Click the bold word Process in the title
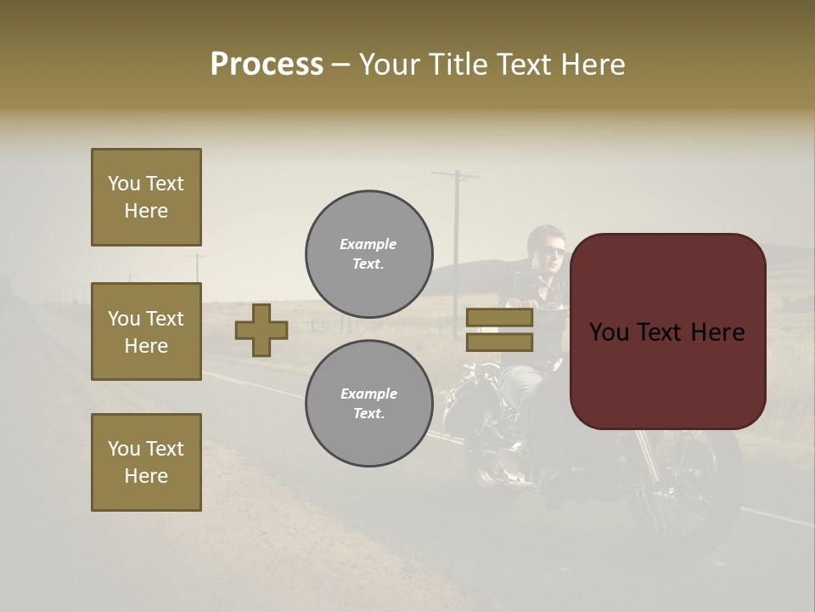click(x=267, y=65)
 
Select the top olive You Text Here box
click(x=146, y=197)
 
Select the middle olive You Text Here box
click(x=146, y=331)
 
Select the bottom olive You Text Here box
click(x=146, y=462)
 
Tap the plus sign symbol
click(x=261, y=330)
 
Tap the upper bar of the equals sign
click(x=500, y=317)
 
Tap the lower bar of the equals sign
click(x=500, y=343)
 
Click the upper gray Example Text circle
click(x=369, y=254)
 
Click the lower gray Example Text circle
click(x=369, y=404)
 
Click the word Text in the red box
click(x=669, y=332)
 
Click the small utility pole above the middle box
click(x=197, y=265)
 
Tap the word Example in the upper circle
click(x=368, y=244)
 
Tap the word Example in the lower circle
click(x=368, y=394)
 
